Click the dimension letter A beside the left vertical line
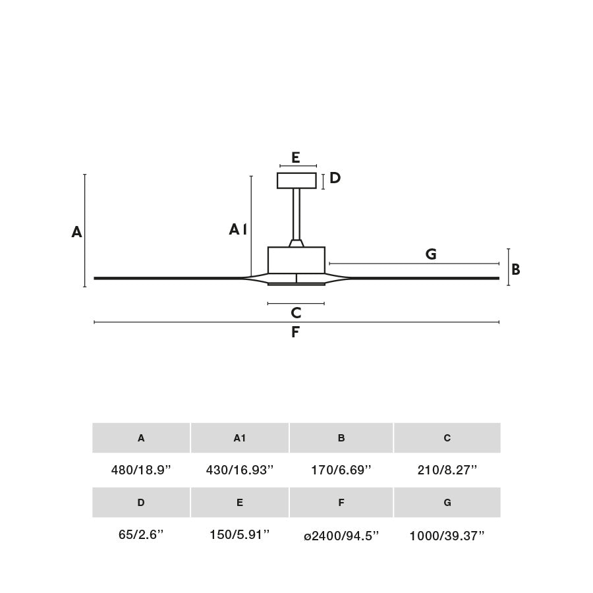click(x=76, y=232)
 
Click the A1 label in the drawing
click(x=238, y=229)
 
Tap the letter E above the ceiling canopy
click(x=295, y=157)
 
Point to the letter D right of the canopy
click(x=335, y=178)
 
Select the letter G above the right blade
click(x=431, y=254)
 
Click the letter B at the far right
click(x=516, y=269)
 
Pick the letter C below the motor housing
click(x=296, y=313)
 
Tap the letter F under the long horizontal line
click(x=295, y=333)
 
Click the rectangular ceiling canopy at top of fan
click(x=296, y=181)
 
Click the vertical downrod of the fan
click(x=296, y=213)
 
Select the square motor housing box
click(x=296, y=260)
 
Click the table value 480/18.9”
click(x=141, y=470)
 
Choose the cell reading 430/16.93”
click(x=240, y=470)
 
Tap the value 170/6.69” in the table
click(x=341, y=470)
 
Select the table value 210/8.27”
click(x=447, y=470)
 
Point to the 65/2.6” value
click(x=141, y=535)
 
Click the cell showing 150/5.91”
click(x=240, y=535)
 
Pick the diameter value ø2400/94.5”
click(x=341, y=536)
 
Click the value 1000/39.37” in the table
click(x=447, y=536)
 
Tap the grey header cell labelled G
click(x=447, y=503)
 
